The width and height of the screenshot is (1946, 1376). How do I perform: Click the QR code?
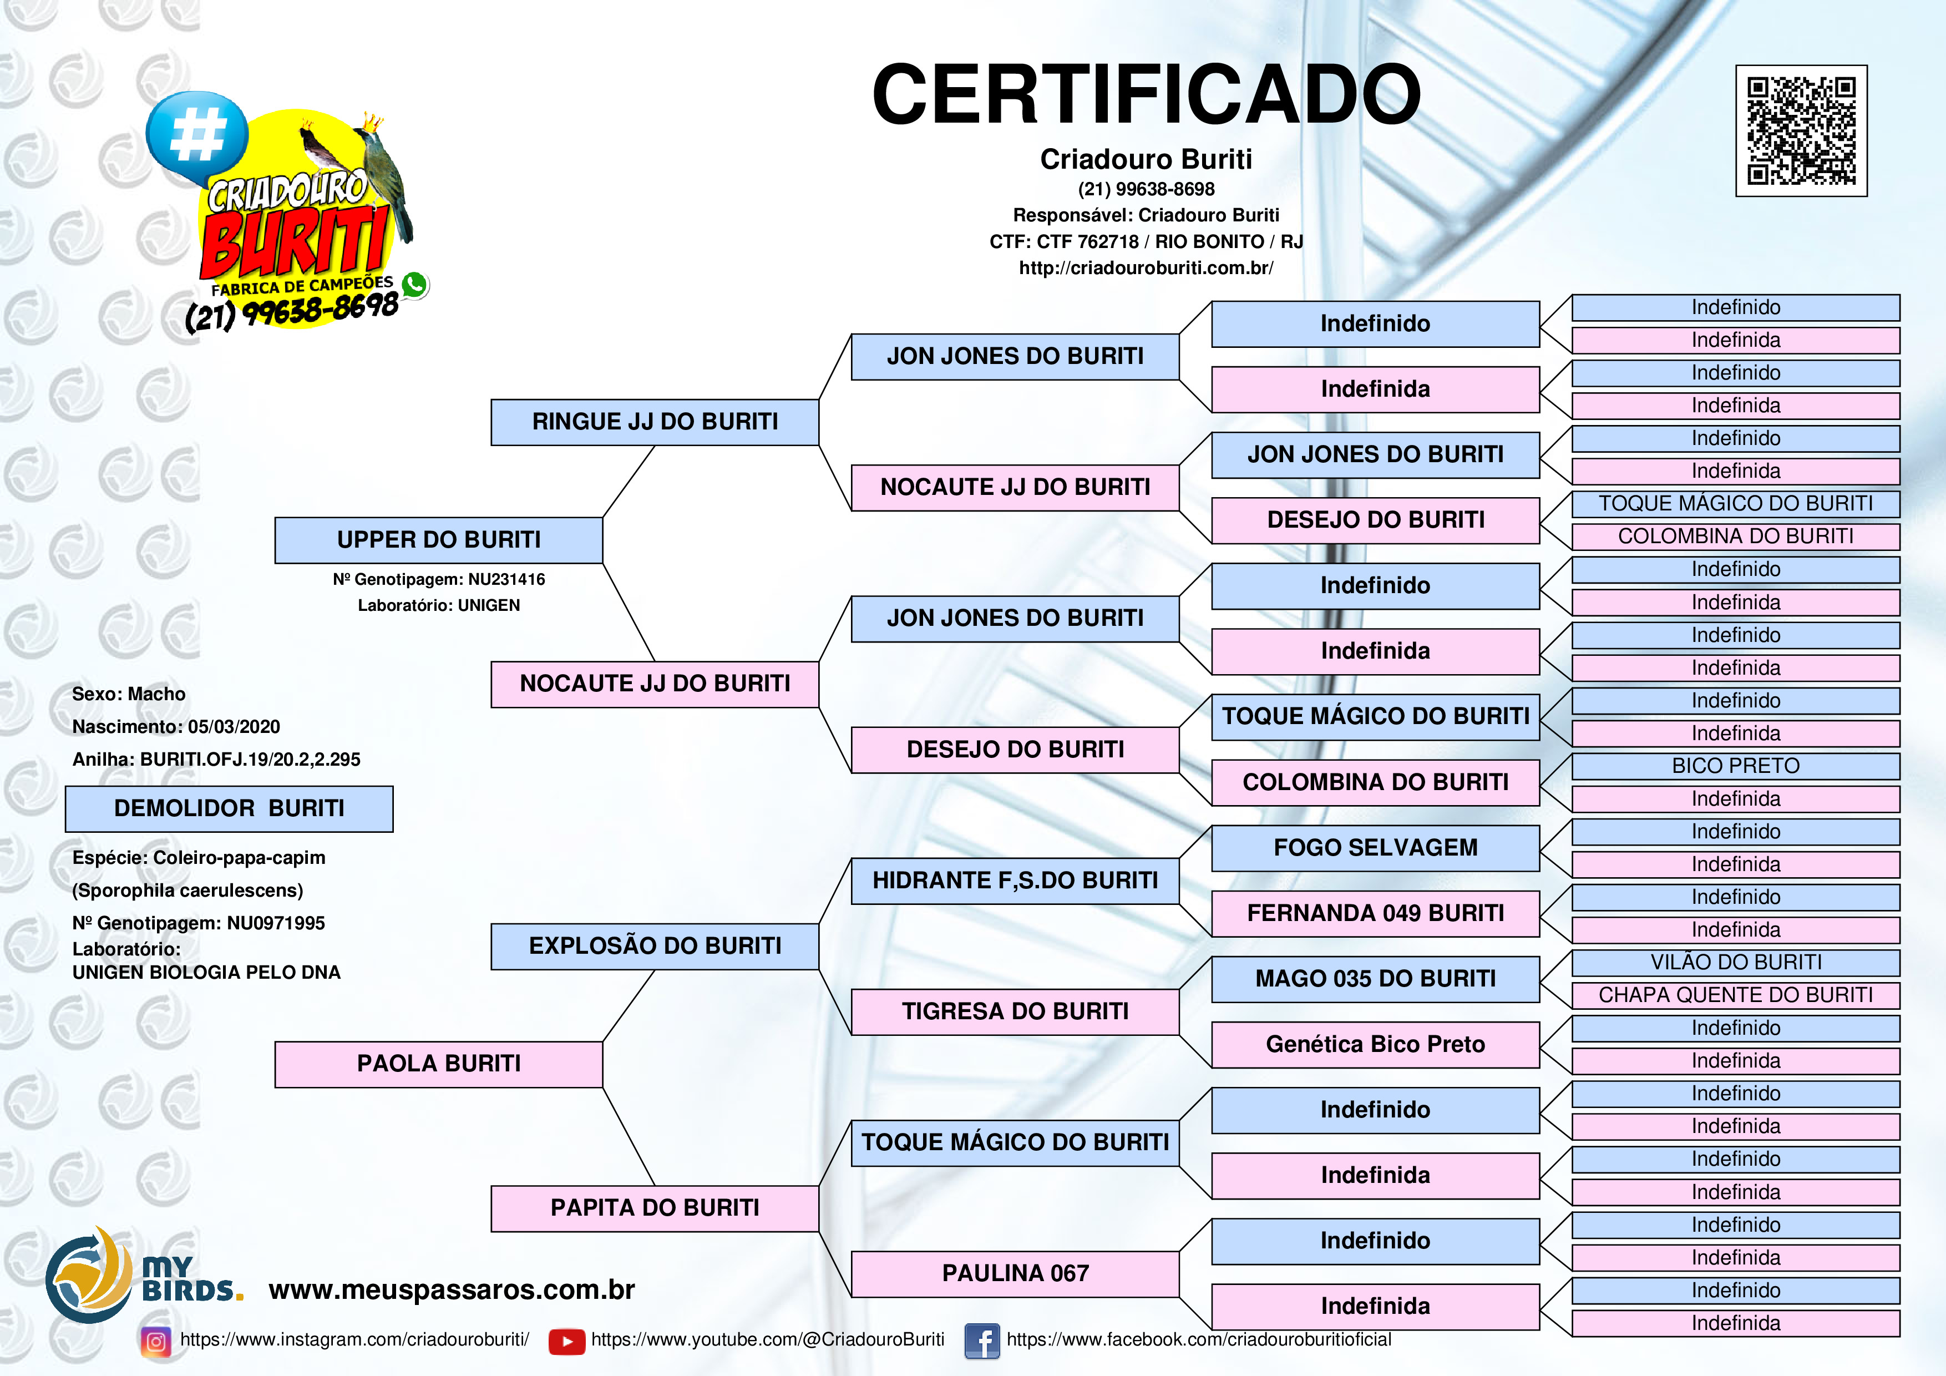tap(1801, 130)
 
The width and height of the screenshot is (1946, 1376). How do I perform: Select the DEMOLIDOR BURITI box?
tap(229, 809)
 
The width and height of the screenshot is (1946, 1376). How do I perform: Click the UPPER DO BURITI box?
tap(438, 540)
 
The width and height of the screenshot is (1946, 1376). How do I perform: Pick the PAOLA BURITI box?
tap(438, 1064)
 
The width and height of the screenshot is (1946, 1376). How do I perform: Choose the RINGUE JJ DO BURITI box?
tap(655, 422)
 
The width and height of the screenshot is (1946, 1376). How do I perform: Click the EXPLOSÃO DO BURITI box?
tap(655, 946)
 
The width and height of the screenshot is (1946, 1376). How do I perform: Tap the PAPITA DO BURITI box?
tap(655, 1208)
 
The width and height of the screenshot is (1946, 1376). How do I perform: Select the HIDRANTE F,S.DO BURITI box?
tap(1015, 881)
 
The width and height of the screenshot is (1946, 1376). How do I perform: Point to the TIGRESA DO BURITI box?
tap(1015, 1011)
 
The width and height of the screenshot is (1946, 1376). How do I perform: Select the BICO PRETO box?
tap(1736, 766)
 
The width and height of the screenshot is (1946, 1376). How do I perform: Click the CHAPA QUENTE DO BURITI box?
tap(1736, 995)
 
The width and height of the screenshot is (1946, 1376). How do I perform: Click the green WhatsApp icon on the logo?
tap(414, 285)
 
